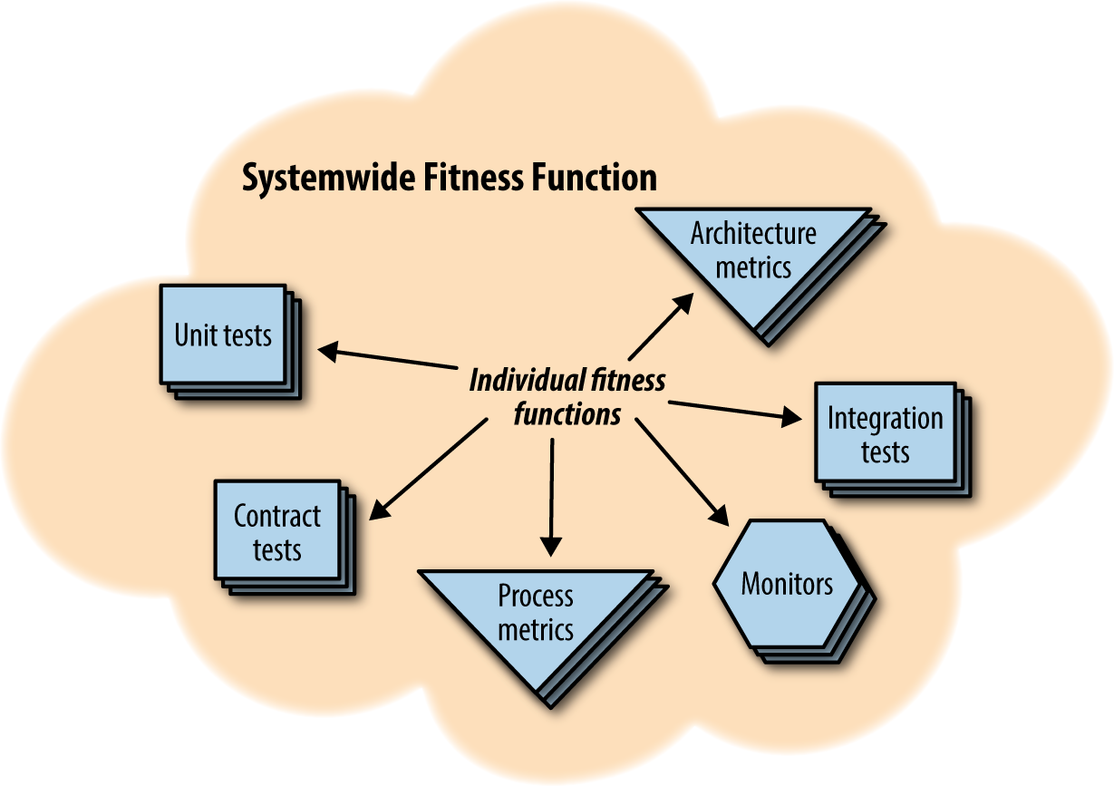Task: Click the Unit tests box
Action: (223, 335)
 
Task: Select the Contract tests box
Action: (276, 532)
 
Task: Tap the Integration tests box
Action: (885, 434)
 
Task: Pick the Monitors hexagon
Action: (787, 584)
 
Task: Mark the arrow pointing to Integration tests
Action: (734, 411)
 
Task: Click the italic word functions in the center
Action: (567, 414)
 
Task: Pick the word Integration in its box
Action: (885, 419)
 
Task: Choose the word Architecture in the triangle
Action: (753, 234)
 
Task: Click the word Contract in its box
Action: (276, 517)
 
